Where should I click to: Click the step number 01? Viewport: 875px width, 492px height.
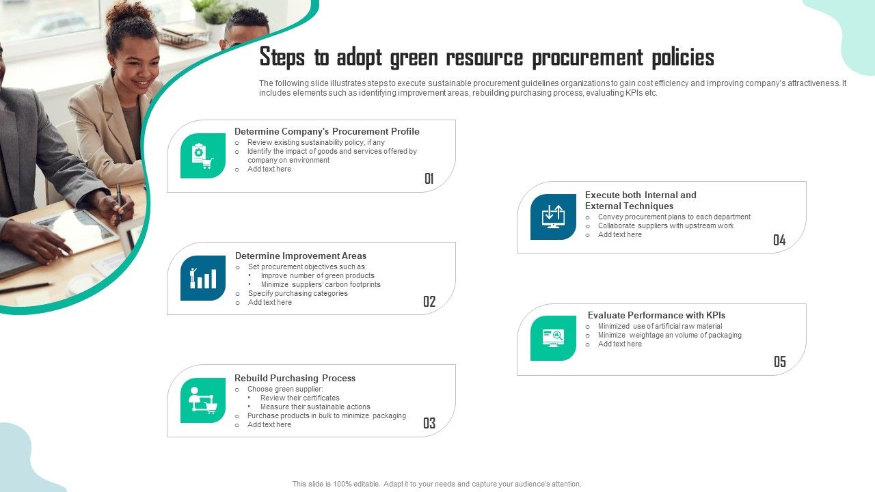(429, 179)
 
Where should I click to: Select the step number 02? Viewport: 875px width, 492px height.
(429, 301)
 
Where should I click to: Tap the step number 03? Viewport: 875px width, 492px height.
(429, 424)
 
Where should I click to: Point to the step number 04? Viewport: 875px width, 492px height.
(779, 240)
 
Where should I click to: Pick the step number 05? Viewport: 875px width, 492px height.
(780, 362)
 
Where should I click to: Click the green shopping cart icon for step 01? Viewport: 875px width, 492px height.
(203, 156)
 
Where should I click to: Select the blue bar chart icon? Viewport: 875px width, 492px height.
(203, 278)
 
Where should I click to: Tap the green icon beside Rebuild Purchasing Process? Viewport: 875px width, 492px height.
(203, 400)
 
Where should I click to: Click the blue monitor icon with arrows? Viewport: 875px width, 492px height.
(553, 217)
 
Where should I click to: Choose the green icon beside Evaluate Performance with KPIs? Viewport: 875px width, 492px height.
(553, 338)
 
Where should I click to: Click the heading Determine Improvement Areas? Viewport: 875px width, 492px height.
(301, 256)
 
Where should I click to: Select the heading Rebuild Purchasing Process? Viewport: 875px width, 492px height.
(295, 378)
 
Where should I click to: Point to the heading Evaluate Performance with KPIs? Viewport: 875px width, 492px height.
(656, 315)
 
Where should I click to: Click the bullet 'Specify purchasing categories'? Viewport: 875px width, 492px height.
(297, 293)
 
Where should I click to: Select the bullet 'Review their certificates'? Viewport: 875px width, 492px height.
(299, 398)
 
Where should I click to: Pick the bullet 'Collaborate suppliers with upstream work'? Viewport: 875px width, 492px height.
(665, 225)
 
